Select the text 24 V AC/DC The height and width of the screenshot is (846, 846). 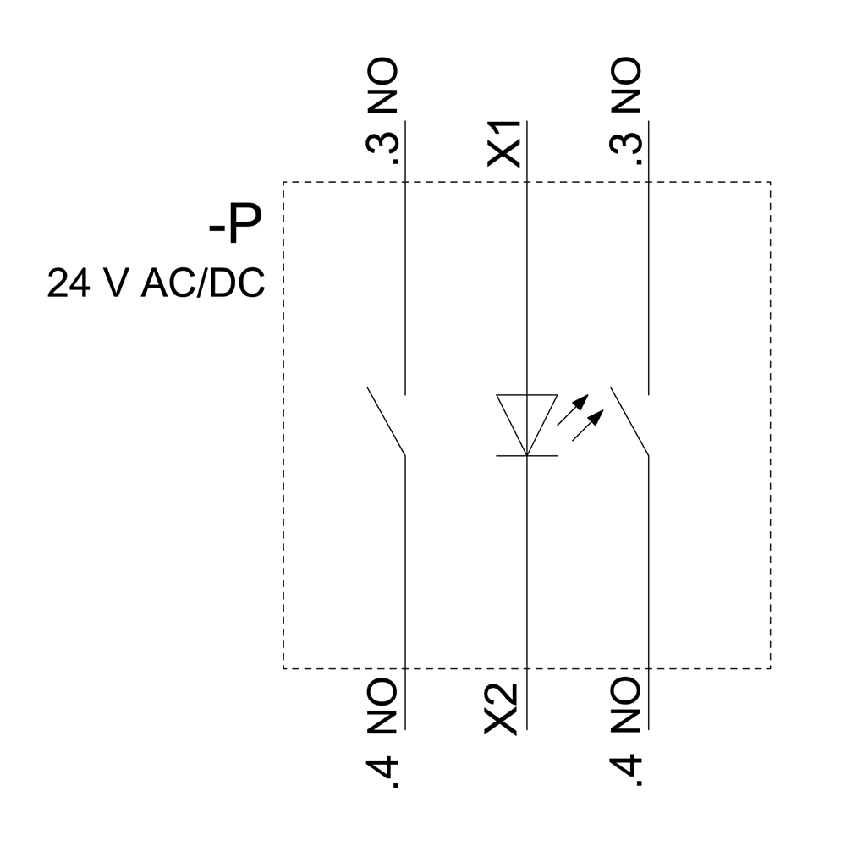pos(156,283)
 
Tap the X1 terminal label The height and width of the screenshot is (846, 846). pos(505,142)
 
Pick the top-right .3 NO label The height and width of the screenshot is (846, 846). pos(627,112)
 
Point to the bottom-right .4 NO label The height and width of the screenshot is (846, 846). pos(627,732)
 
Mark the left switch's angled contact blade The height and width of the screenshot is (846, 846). pos(387,421)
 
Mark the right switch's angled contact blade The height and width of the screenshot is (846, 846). pos(629,421)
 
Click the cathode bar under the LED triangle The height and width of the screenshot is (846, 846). pos(526,456)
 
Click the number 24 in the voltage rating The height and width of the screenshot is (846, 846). pos(65,283)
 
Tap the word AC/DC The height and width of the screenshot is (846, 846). pos(203,283)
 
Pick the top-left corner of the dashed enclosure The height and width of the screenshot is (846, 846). pos(283,182)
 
